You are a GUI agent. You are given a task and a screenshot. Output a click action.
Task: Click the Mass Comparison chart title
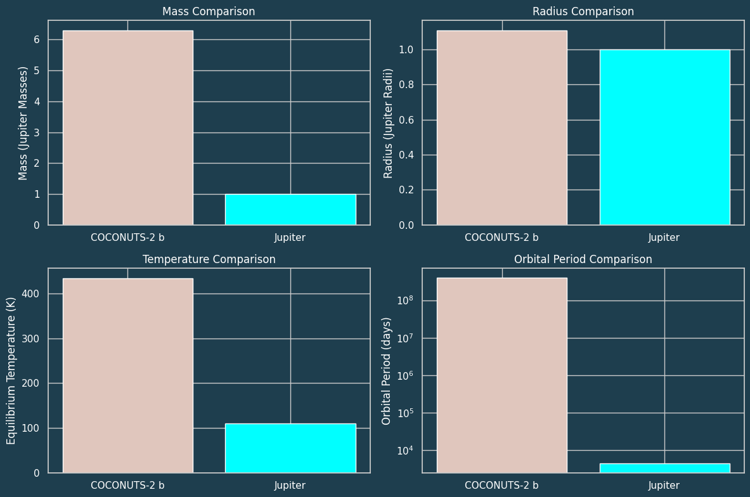coord(209,11)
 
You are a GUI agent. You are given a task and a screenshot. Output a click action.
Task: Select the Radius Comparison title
coord(583,11)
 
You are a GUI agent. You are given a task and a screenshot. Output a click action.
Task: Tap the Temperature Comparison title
coord(209,259)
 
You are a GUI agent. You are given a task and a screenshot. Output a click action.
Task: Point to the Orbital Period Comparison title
coord(583,259)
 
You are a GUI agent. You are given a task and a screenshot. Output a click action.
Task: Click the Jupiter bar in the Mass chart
coord(290,209)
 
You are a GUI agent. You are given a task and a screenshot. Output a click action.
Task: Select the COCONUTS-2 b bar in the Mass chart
coord(127,127)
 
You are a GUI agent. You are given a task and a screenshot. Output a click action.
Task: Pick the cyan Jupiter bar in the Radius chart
coord(664,137)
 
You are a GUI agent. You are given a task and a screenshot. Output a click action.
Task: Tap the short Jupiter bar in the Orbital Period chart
coord(664,468)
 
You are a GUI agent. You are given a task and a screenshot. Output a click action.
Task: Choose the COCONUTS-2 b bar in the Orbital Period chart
coord(502,374)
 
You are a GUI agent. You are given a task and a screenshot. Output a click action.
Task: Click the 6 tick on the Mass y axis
coord(36,40)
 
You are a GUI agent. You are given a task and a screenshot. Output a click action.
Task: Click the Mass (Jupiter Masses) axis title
coord(23,123)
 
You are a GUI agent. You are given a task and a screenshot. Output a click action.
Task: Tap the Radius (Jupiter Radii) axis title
coord(389,123)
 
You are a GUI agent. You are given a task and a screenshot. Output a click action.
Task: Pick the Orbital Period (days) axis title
coord(386,371)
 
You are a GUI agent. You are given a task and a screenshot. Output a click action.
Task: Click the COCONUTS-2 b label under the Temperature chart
coord(127,486)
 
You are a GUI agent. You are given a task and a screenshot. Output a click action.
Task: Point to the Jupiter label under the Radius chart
coord(664,238)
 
